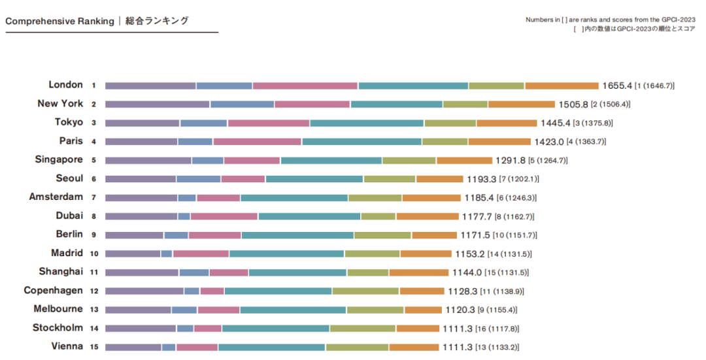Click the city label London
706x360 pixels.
coord(65,85)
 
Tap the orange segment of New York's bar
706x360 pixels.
coord(521,105)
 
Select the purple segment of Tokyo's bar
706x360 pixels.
coord(142,123)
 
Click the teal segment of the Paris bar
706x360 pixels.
coord(361,142)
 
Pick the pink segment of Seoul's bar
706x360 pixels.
coord(243,179)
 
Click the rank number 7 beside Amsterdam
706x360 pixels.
coord(94,198)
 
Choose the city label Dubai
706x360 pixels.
coord(69,216)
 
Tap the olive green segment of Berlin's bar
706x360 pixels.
coord(382,235)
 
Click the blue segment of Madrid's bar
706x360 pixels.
coord(167,254)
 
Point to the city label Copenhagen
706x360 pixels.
coord(53,291)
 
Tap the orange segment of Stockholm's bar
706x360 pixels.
coord(418,329)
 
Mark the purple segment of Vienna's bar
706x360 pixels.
coord(133,348)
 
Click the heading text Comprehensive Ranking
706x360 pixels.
coord(59,21)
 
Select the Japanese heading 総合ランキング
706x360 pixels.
coord(157,21)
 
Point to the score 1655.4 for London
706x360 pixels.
coord(617,86)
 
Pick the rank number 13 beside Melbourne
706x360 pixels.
coord(94,310)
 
